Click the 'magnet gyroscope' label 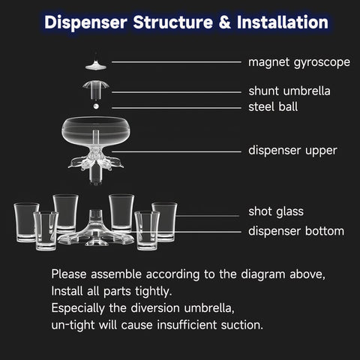[298, 61]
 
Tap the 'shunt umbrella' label [289, 91]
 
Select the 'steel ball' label [273, 106]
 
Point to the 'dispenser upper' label [292, 150]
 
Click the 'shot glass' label [275, 211]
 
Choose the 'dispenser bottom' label [296, 230]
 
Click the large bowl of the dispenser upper [97, 131]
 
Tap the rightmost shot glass [164, 220]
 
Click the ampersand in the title [203, 22]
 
